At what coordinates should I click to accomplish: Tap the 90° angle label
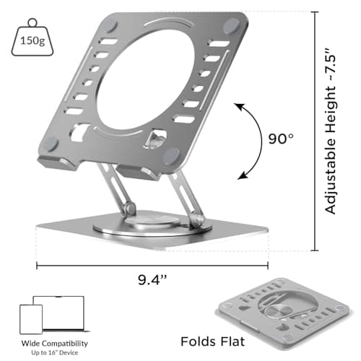click(x=281, y=139)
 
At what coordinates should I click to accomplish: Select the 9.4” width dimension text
click(x=152, y=279)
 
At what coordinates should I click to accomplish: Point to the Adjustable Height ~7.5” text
click(x=330, y=131)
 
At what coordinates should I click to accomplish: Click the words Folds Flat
click(x=212, y=342)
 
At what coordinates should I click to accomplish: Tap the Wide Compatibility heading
click(x=55, y=344)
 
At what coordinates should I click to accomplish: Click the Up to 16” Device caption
click(x=55, y=353)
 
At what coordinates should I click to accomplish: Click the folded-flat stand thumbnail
click(x=284, y=313)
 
